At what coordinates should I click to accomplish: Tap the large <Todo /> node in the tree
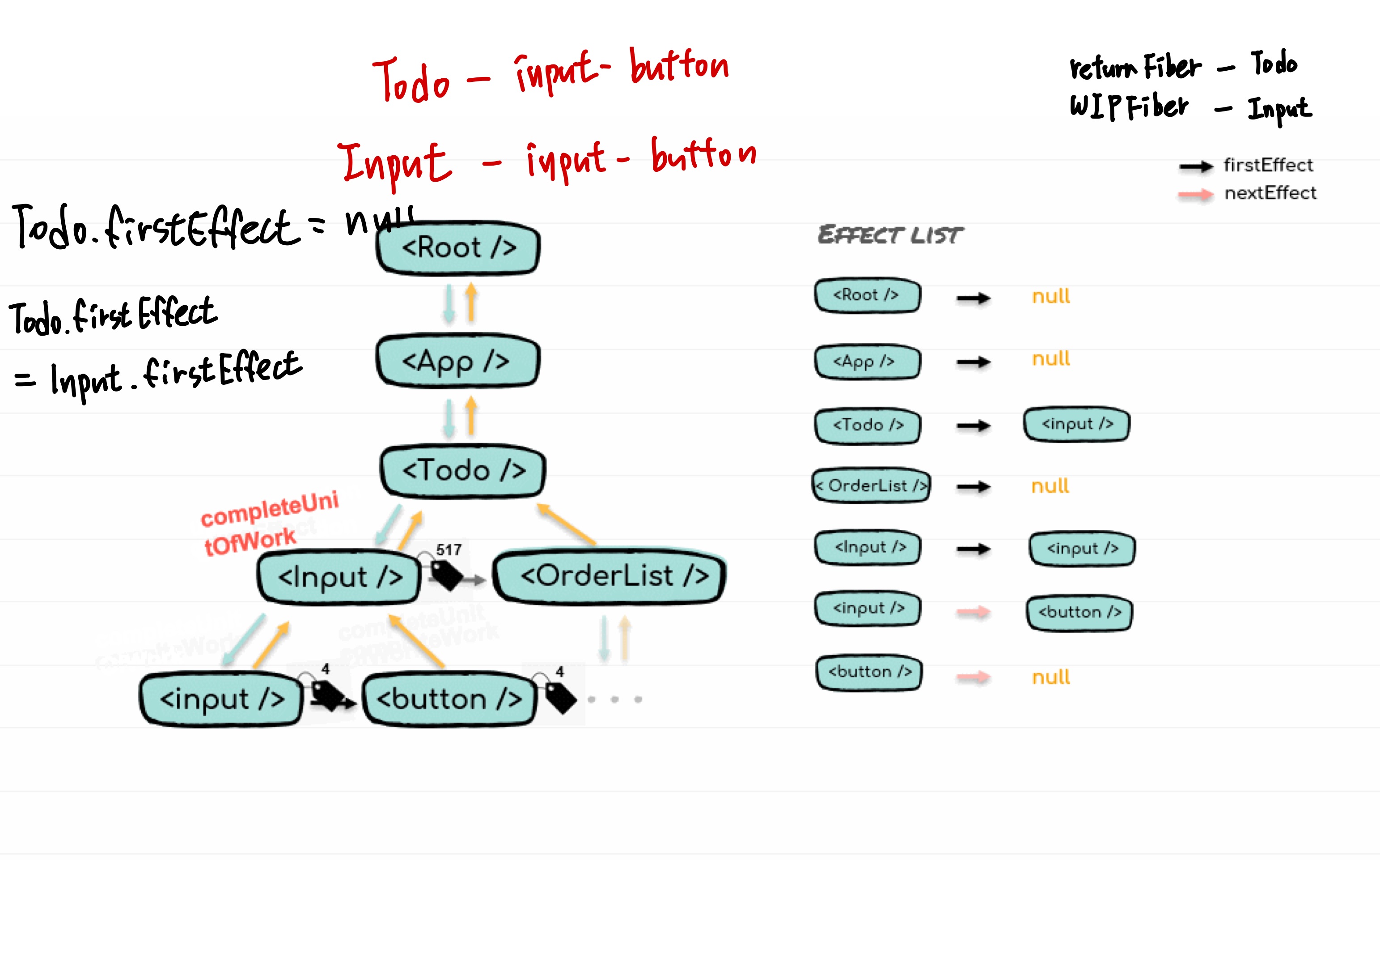click(x=463, y=470)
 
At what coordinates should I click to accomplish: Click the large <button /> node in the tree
click(x=449, y=699)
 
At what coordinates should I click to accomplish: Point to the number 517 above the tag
click(x=449, y=550)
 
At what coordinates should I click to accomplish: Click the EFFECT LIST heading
click(x=890, y=235)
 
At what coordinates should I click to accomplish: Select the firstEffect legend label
click(x=1268, y=166)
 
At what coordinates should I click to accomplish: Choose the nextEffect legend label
click(x=1270, y=193)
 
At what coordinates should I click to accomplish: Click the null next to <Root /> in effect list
click(x=1050, y=296)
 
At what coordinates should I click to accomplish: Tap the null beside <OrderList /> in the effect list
click(x=1050, y=486)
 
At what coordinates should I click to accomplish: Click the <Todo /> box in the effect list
click(x=868, y=426)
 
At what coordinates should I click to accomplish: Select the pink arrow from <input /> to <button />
click(x=973, y=612)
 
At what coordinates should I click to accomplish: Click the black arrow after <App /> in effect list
click(x=973, y=362)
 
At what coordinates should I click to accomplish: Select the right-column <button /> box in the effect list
click(x=1079, y=613)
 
